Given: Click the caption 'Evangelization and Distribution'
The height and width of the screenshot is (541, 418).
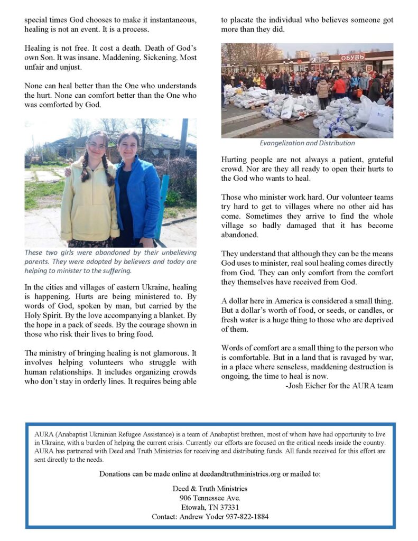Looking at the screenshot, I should tap(307, 143).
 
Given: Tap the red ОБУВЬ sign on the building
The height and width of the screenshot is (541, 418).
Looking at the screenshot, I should tap(352, 58).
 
